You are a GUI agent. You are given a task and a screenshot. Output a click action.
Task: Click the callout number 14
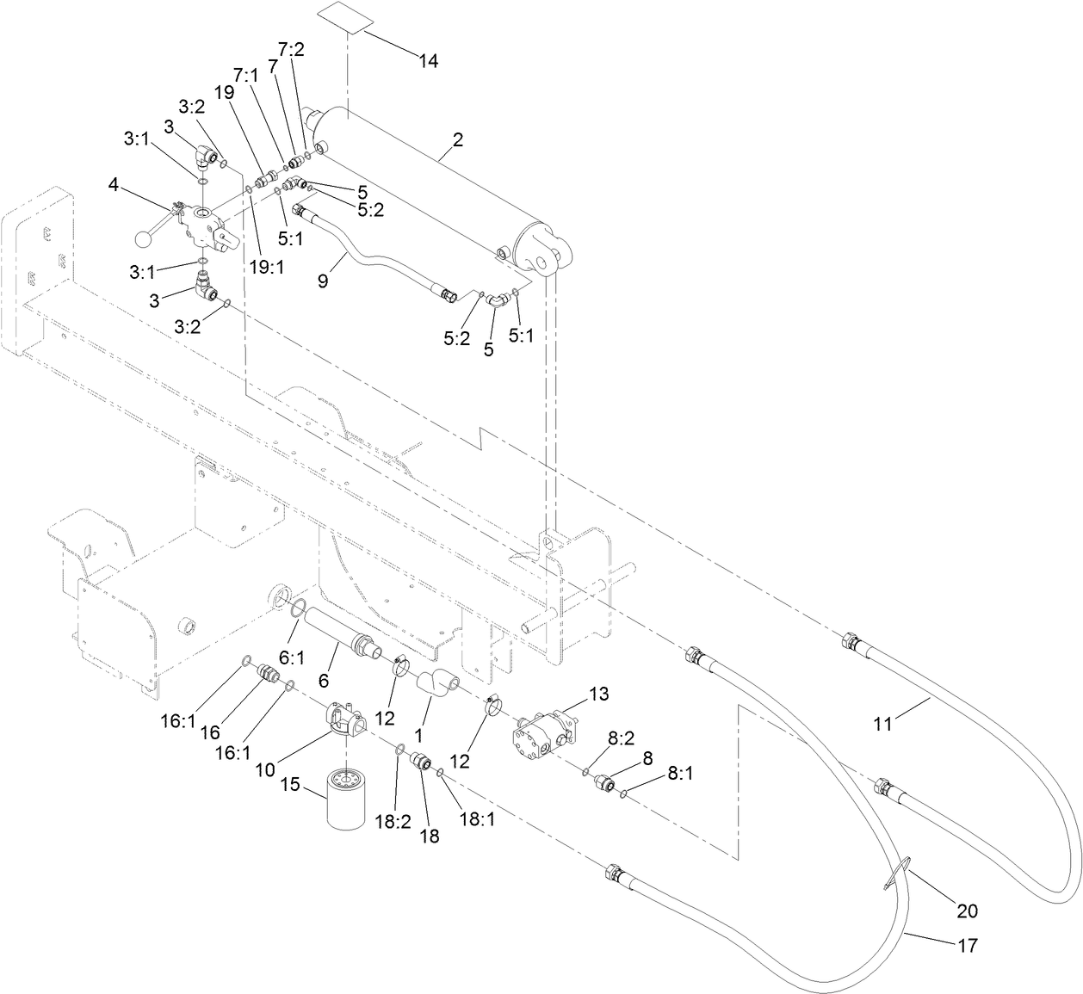click(x=429, y=61)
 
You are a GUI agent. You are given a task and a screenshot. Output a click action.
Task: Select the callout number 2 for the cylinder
click(x=458, y=140)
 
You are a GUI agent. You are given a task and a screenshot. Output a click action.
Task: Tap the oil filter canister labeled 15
click(x=348, y=800)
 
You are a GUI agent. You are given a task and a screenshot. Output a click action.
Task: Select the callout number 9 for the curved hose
click(x=323, y=281)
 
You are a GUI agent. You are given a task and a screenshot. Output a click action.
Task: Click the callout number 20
click(x=967, y=910)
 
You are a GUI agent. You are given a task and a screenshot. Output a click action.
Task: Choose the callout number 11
click(x=882, y=725)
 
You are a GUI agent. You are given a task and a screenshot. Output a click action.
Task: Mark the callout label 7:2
click(x=292, y=49)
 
